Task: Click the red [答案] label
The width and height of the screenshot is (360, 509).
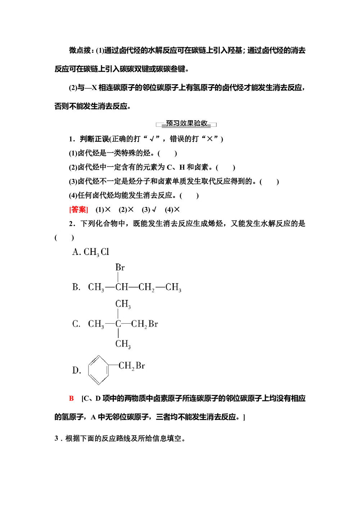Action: coord(78,210)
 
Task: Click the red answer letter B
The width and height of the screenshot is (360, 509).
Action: coord(71,398)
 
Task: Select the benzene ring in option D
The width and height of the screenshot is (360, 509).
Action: coord(98,370)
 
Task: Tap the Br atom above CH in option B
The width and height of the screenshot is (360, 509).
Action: coord(120,267)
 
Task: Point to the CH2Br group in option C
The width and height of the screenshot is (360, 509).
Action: coord(144,324)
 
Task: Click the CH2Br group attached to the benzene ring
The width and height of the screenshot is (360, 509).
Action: coord(132,366)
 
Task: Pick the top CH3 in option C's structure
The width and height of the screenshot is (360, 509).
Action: coord(123,304)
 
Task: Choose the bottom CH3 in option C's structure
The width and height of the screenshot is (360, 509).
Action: coord(123,344)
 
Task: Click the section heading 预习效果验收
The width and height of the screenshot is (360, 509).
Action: coord(186,123)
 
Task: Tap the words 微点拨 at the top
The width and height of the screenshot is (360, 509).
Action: coord(80,50)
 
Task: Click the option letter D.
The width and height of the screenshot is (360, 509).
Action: coord(76,370)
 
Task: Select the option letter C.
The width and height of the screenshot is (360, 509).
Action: coord(76,324)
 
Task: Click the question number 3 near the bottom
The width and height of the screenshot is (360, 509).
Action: coord(57,438)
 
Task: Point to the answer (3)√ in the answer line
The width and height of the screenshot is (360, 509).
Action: coord(149,210)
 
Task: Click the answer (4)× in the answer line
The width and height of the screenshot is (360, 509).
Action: coord(172,210)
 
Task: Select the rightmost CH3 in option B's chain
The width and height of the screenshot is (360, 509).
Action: coord(173,287)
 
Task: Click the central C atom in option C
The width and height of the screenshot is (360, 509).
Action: coord(118,324)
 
